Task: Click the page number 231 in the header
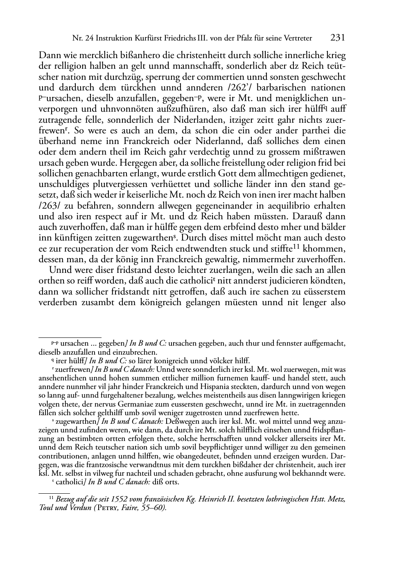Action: click(x=337, y=38)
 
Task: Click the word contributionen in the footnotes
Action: click(x=64, y=456)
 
